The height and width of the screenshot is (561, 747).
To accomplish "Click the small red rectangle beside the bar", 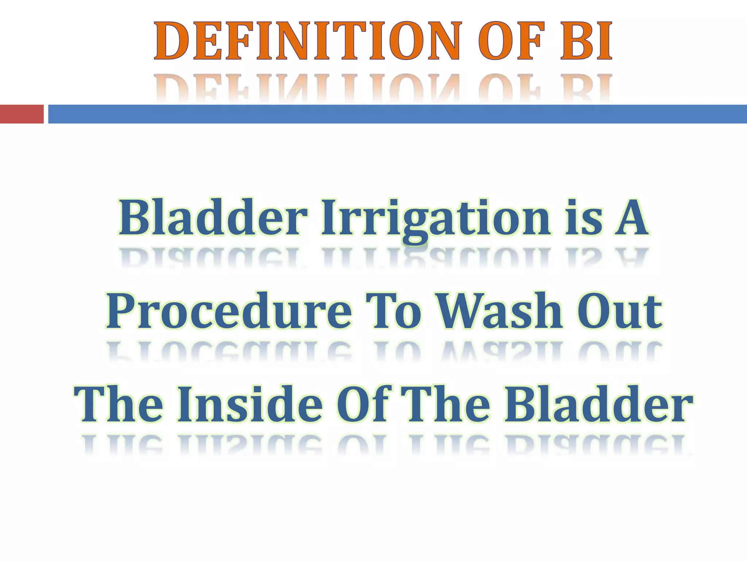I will pos(22,114).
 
